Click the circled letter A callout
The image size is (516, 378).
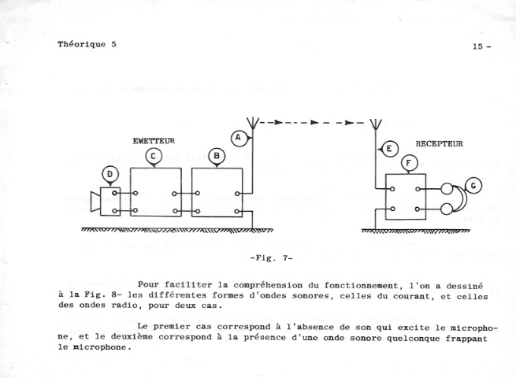tap(239, 138)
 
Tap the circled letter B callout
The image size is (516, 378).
tap(216, 156)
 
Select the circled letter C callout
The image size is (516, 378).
tap(154, 156)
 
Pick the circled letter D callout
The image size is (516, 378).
tap(110, 175)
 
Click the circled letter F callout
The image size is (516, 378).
tap(409, 163)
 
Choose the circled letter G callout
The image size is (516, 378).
tap(473, 186)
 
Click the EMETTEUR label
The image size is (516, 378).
tap(154, 141)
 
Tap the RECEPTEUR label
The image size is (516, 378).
tap(439, 144)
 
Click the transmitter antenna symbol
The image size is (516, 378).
tap(252, 123)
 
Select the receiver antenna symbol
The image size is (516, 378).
tap(376, 124)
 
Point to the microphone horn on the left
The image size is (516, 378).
tap(95, 202)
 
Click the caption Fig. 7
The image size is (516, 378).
tap(271, 258)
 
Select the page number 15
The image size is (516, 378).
tap(478, 46)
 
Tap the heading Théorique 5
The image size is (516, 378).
tap(87, 44)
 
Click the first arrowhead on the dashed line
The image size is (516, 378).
tap(278, 122)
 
